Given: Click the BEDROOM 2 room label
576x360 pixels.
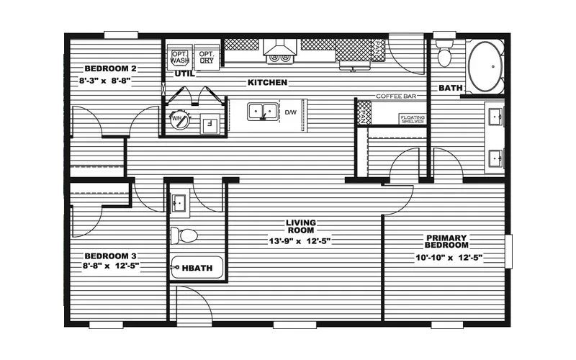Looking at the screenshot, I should pyautogui.click(x=111, y=68).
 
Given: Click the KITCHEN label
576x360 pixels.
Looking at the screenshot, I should pyautogui.click(x=268, y=83).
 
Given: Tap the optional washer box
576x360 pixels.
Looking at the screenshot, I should pyautogui.click(x=179, y=57).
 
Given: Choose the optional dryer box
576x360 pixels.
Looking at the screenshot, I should pyautogui.click(x=206, y=57).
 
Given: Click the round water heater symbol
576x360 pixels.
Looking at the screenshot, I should pyautogui.click(x=179, y=120).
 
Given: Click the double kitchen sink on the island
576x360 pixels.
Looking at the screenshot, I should pyautogui.click(x=262, y=112).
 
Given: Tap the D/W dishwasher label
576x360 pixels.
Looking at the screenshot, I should pyautogui.click(x=291, y=112).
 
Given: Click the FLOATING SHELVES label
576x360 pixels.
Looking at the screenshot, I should pyautogui.click(x=413, y=118).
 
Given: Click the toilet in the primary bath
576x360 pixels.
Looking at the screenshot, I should pyautogui.click(x=444, y=55).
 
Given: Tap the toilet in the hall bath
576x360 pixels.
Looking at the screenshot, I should pyautogui.click(x=186, y=235).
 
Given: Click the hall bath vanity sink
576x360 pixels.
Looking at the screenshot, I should pyautogui.click(x=180, y=203).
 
